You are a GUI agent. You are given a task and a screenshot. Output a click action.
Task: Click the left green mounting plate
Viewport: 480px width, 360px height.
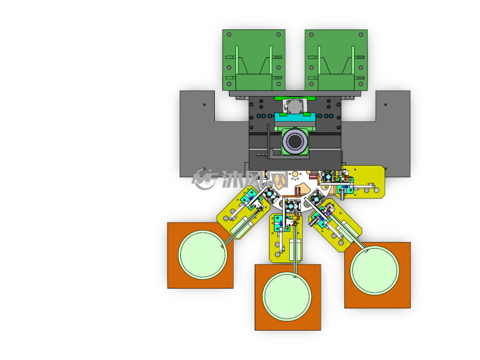[254, 60]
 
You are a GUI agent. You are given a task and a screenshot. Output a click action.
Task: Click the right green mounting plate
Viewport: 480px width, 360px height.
[336, 60]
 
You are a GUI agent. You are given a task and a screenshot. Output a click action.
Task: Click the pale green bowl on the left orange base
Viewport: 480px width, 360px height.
[203, 255]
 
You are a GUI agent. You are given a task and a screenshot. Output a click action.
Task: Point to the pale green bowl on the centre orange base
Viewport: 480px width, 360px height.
[287, 297]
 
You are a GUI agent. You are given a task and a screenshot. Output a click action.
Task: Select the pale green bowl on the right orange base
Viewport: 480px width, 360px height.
[375, 270]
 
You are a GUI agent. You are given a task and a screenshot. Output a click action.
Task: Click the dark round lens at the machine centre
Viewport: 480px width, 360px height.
[295, 142]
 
